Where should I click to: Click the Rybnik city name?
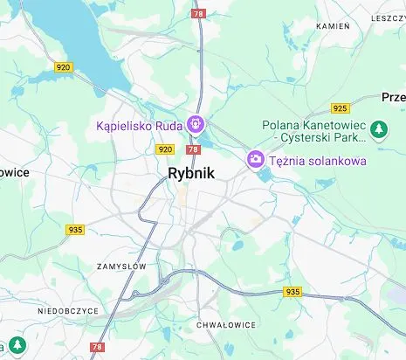point(191,173)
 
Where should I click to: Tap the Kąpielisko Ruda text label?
point(139,126)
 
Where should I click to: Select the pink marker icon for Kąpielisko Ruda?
point(197,125)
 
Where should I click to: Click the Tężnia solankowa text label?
point(317,160)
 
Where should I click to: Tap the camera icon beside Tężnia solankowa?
point(256,159)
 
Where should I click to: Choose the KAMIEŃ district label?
point(333,26)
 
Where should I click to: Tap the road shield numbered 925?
point(340,108)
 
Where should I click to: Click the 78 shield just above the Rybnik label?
point(191,149)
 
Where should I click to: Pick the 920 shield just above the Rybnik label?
point(166,149)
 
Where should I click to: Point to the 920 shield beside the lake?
point(63,67)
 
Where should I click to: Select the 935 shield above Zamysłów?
point(76,230)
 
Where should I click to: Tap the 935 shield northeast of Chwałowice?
point(292,292)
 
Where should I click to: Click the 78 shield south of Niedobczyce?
point(97,347)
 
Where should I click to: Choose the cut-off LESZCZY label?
point(388,17)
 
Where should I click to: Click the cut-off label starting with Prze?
point(393,97)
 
